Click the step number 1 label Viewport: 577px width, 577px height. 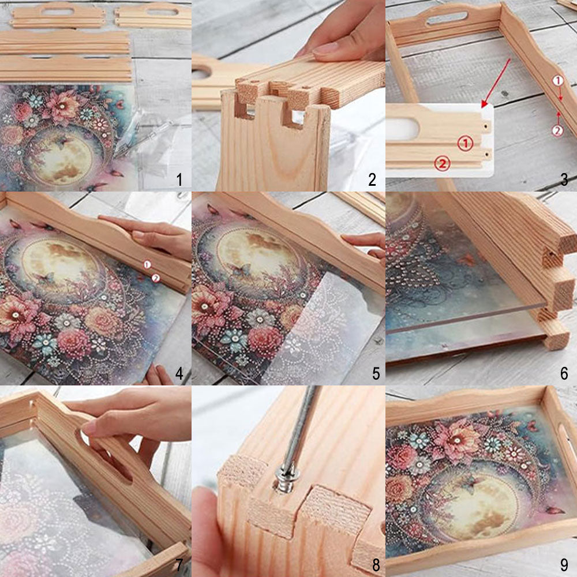(x=179, y=179)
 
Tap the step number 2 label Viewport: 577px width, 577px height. (x=372, y=179)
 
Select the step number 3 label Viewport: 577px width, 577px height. (x=564, y=179)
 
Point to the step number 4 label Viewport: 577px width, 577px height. (x=179, y=373)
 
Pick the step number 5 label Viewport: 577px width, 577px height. (x=376, y=373)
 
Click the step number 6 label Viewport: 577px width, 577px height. (x=564, y=373)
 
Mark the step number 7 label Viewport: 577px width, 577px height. (x=179, y=564)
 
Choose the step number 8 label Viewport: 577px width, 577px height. (x=376, y=564)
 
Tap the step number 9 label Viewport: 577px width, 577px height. (x=564, y=564)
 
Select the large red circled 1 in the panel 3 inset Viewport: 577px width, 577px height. (x=465, y=143)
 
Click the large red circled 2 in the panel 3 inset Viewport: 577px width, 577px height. (x=442, y=163)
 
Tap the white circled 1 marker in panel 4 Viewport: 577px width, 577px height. (x=147, y=264)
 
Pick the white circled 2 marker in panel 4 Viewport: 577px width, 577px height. (x=156, y=279)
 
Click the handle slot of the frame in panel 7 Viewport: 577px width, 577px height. (x=104, y=456)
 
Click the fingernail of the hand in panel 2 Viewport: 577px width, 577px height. (x=324, y=49)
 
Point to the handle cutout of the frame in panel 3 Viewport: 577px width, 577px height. (x=447, y=18)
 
